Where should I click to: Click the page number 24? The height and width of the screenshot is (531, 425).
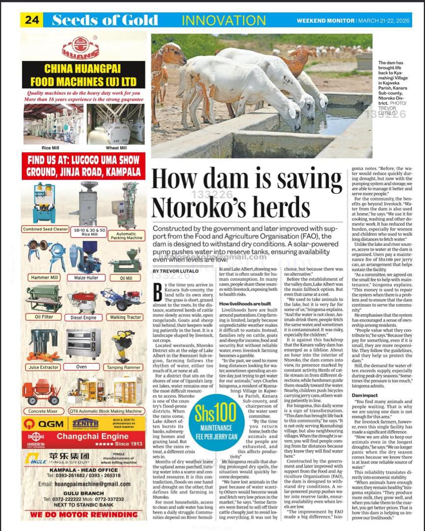[32, 20]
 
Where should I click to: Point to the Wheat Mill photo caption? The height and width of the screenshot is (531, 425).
[116, 147]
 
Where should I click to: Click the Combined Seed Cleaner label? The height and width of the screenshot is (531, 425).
[45, 229]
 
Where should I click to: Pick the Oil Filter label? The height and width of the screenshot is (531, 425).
[44, 317]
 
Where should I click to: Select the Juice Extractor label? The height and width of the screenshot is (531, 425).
[44, 367]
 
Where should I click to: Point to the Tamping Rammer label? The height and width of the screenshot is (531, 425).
[126, 367]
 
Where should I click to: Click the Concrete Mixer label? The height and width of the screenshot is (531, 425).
[43, 411]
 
